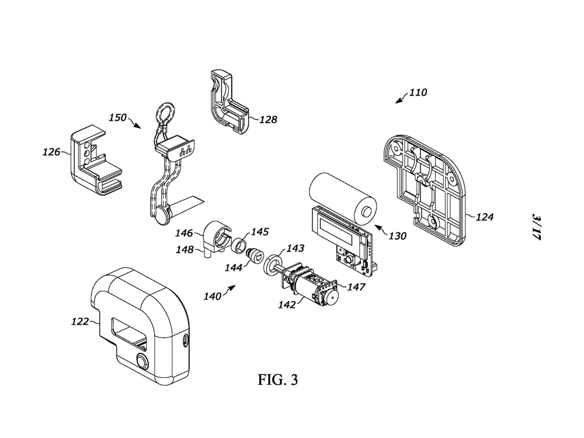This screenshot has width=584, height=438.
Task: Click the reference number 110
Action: tap(418, 92)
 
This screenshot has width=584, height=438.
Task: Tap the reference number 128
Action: tap(268, 120)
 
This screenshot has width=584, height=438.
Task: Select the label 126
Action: tap(51, 152)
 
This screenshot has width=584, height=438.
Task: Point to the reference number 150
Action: tap(118, 118)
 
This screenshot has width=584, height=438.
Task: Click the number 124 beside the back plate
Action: tap(485, 217)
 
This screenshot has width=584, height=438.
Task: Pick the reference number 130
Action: tap(397, 236)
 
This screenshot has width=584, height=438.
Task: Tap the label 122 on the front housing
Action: tap(80, 321)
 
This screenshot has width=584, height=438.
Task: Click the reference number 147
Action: tap(356, 287)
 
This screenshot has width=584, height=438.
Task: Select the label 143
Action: tap(295, 248)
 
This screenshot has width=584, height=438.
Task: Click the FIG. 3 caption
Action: tap(278, 380)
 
